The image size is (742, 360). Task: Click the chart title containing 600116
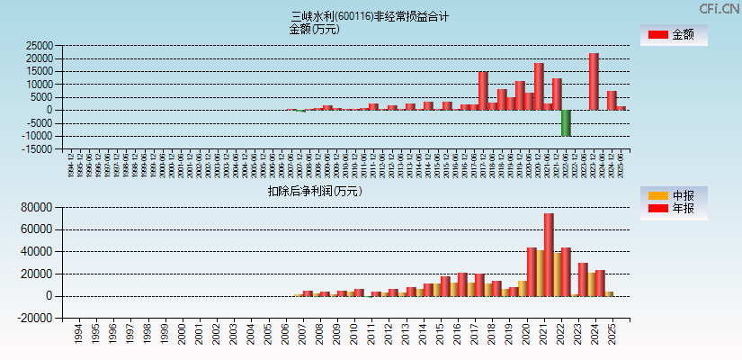click(x=370, y=16)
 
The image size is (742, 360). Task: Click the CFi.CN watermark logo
click(x=719, y=8)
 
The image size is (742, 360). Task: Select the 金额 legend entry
click(x=673, y=35)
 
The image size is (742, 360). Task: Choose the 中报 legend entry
click(x=673, y=195)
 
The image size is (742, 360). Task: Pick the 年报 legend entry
click(x=673, y=209)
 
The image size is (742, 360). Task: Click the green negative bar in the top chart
click(x=566, y=122)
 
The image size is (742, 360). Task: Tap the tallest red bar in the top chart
click(x=594, y=81)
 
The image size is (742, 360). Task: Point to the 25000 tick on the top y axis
click(x=40, y=45)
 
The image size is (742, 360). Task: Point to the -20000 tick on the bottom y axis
click(x=38, y=318)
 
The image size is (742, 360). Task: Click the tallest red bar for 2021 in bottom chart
click(x=549, y=255)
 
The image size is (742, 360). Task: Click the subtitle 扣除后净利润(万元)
click(x=314, y=191)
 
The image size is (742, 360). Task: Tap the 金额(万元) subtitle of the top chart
click(x=314, y=29)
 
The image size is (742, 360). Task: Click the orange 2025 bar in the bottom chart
click(x=609, y=293)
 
